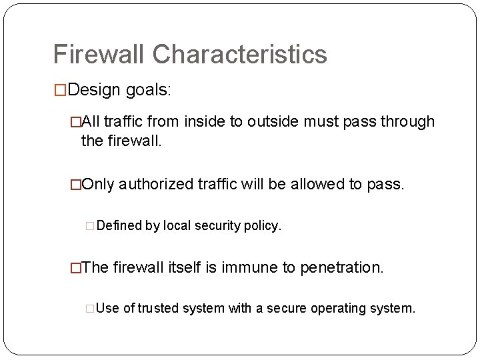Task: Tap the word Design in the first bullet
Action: click(93, 90)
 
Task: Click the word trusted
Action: click(159, 309)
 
